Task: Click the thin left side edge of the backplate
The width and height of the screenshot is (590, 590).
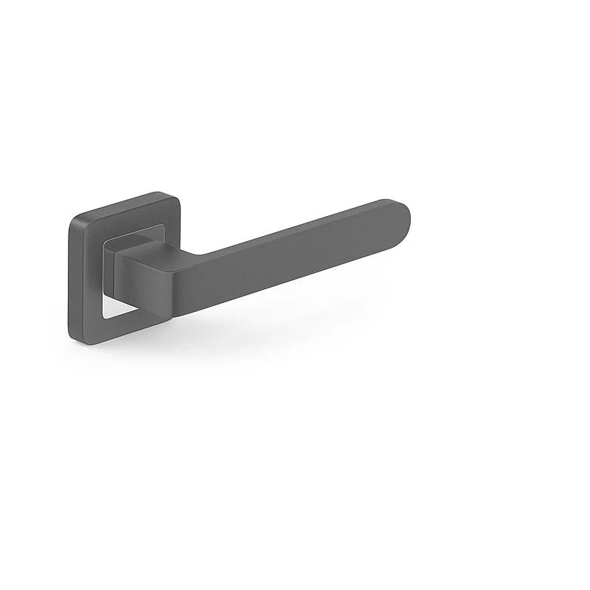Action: tap(70, 280)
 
